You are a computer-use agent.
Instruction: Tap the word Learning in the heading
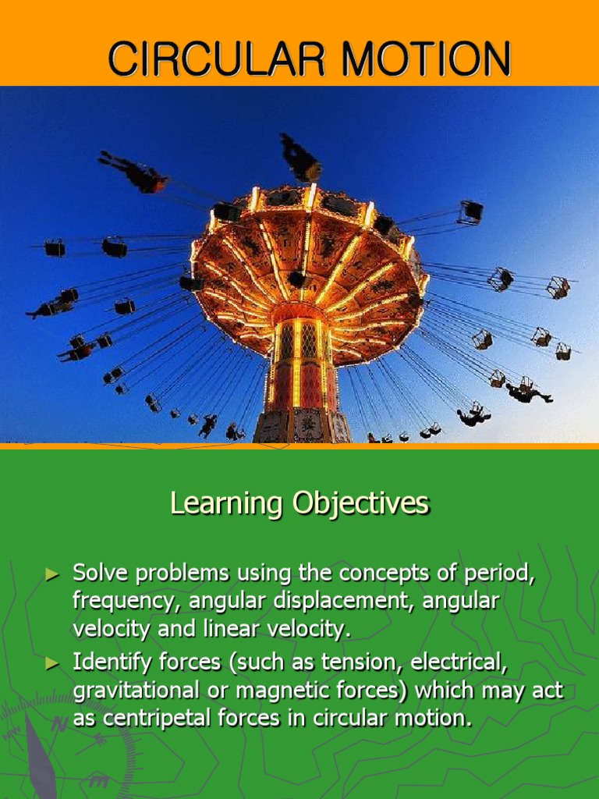point(226,504)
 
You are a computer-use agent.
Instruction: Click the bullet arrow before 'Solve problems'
point(52,575)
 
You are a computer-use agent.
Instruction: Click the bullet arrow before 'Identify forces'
point(52,664)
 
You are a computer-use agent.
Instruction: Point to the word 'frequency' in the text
point(114,602)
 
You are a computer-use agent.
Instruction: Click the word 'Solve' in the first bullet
point(97,574)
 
